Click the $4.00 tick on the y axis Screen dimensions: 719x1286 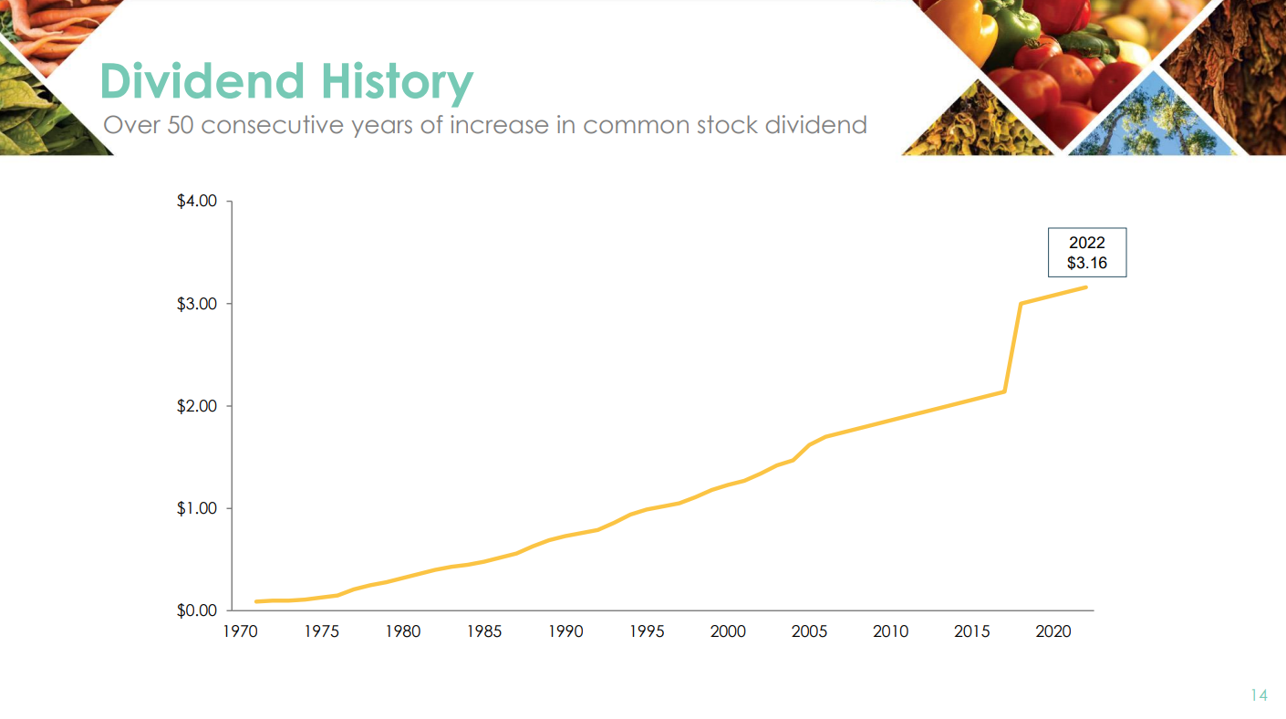point(197,201)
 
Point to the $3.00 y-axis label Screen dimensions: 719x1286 point(197,303)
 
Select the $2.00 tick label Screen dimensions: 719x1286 point(197,405)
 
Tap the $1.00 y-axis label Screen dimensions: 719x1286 point(197,508)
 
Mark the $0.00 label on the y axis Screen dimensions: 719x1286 point(197,610)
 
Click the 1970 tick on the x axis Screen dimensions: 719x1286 point(240,631)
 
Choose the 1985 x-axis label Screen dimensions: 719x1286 point(483,631)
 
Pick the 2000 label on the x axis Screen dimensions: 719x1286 point(728,631)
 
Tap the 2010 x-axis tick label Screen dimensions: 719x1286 point(890,631)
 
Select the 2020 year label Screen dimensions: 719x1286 point(1053,631)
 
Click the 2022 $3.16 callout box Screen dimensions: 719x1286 point(1086,253)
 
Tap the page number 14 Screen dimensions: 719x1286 point(1259,695)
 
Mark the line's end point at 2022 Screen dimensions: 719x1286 point(1085,287)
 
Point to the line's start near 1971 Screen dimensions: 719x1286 point(256,601)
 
